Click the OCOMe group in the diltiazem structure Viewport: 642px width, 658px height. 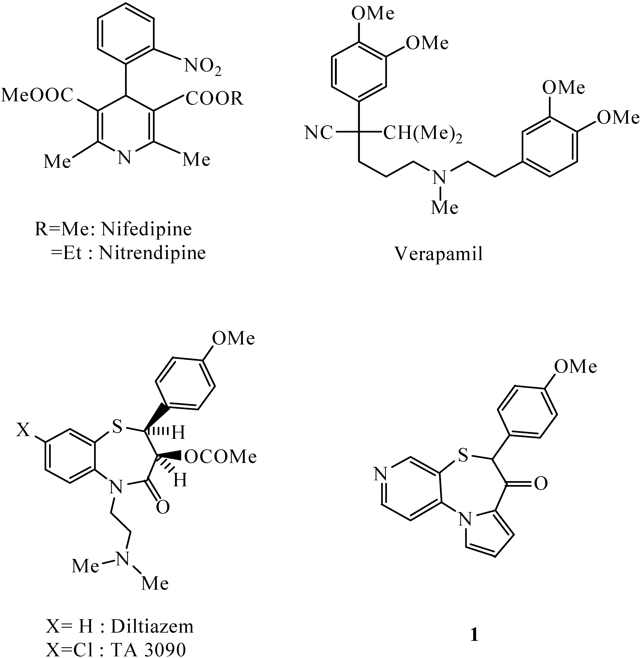coord(221,457)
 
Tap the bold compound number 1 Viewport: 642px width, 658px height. coord(474,636)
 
